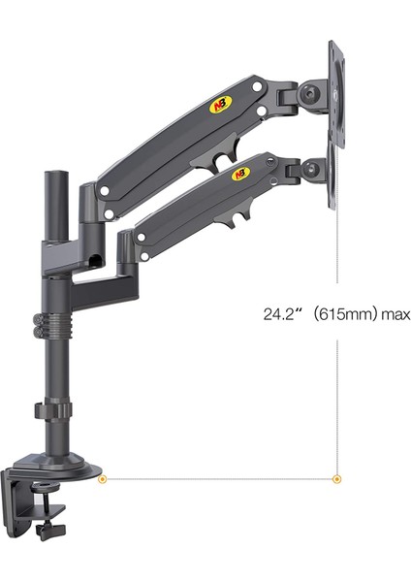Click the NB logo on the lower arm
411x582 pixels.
pos(239,175)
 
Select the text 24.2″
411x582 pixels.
pos(281,315)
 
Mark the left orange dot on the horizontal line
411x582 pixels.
pos(104,477)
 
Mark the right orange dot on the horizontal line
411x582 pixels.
pos(337,477)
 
